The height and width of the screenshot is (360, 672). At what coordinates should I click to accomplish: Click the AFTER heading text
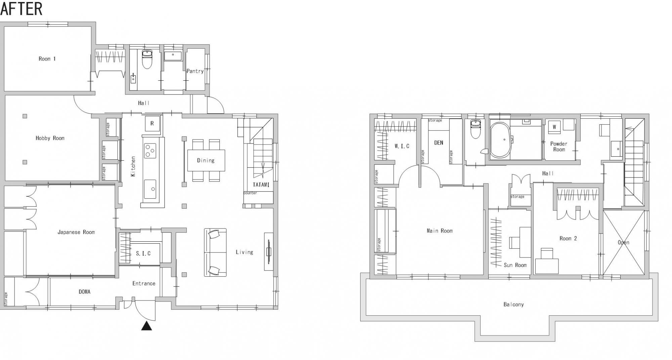(x=21, y=9)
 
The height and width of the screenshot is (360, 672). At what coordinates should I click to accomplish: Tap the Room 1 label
(x=47, y=59)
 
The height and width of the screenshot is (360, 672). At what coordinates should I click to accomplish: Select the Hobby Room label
(x=50, y=138)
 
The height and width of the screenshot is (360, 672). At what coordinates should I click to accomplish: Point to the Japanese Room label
(x=76, y=232)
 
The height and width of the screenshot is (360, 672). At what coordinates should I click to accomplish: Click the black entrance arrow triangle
(x=146, y=326)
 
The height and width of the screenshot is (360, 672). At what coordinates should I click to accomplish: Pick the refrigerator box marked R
(x=152, y=124)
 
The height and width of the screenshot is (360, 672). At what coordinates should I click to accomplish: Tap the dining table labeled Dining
(x=206, y=160)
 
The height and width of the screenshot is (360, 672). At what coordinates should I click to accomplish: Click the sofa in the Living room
(x=215, y=252)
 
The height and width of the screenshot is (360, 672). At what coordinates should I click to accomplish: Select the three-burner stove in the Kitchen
(x=150, y=150)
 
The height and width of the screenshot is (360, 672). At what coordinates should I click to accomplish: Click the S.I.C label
(x=143, y=253)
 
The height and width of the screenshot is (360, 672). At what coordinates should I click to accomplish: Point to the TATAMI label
(x=261, y=185)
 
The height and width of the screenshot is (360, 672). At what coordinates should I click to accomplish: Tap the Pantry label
(x=195, y=71)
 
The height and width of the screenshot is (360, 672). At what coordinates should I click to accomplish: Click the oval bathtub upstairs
(x=501, y=140)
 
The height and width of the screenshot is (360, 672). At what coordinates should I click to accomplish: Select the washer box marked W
(x=554, y=127)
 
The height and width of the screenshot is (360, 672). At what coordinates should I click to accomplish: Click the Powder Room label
(x=559, y=147)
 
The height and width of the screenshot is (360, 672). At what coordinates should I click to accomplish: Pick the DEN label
(x=438, y=143)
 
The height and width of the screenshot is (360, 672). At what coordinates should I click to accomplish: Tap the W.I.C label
(x=402, y=146)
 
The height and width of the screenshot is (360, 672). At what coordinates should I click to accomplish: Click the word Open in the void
(x=623, y=243)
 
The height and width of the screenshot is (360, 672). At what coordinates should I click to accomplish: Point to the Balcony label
(x=513, y=305)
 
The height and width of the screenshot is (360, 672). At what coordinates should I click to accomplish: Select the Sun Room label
(x=515, y=265)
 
